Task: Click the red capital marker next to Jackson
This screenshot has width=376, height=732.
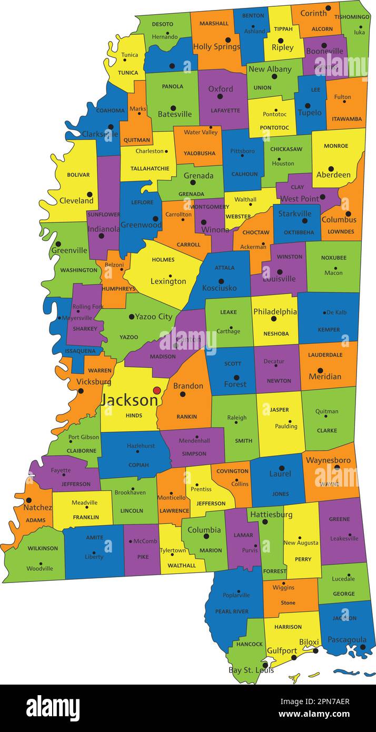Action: coord(156,390)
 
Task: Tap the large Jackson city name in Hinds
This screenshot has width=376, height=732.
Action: coord(129,400)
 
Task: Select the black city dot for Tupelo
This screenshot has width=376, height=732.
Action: coord(308,105)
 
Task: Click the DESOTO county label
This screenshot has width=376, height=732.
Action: coord(162,24)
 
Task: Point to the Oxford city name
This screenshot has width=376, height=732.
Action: coord(220,88)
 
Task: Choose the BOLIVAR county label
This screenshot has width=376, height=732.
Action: coord(78,175)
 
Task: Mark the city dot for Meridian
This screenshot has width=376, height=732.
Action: coord(320,371)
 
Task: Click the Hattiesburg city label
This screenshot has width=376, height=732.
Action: coord(271,515)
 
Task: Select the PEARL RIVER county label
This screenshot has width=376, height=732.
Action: coord(232,611)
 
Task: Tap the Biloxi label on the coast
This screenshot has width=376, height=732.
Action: coord(309,642)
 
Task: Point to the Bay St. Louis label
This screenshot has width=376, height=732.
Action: coord(251,670)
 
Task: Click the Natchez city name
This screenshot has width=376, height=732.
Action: coord(37,508)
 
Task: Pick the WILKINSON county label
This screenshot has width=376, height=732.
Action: coord(43,548)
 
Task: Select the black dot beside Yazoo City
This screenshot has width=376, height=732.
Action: coord(131,316)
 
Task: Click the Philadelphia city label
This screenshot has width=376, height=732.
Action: coord(275,311)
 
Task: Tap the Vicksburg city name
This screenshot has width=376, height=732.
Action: coord(93,381)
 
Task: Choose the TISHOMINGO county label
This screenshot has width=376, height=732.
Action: coord(351,17)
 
